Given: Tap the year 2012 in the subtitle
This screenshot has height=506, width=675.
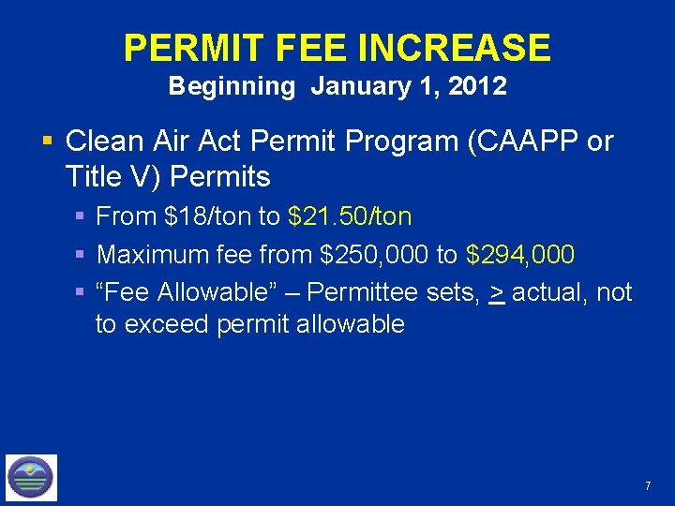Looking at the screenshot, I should [477, 87].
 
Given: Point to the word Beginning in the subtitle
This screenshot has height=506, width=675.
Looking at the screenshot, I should [232, 87].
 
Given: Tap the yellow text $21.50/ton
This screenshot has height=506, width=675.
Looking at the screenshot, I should [350, 216].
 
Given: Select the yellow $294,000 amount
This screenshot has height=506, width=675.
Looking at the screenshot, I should [520, 254].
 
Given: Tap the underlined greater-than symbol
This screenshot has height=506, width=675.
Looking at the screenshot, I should [497, 292].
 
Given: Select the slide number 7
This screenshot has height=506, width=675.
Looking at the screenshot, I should [647, 485].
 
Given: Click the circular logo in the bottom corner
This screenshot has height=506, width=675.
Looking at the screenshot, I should [31, 477].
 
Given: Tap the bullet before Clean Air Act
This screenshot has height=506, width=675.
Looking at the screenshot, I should [47, 142].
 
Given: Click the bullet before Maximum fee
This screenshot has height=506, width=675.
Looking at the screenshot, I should [82, 255].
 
